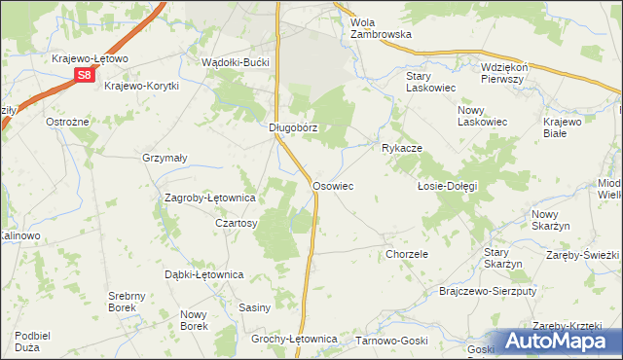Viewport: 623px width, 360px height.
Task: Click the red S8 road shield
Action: pos(85,75)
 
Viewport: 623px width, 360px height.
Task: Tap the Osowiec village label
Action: pos(332,185)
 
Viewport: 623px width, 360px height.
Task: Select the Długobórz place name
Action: pos(294,126)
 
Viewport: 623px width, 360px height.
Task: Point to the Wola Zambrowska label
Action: pos(381,27)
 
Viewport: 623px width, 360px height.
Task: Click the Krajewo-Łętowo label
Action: pos(91,58)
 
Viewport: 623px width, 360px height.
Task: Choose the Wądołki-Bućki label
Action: pos(239,61)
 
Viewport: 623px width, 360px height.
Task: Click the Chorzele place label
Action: pos(407,254)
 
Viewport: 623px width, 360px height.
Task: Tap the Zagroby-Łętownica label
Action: pos(210,198)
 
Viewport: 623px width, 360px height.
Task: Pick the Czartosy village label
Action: pos(236,223)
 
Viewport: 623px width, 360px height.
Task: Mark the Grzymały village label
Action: pos(165,157)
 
